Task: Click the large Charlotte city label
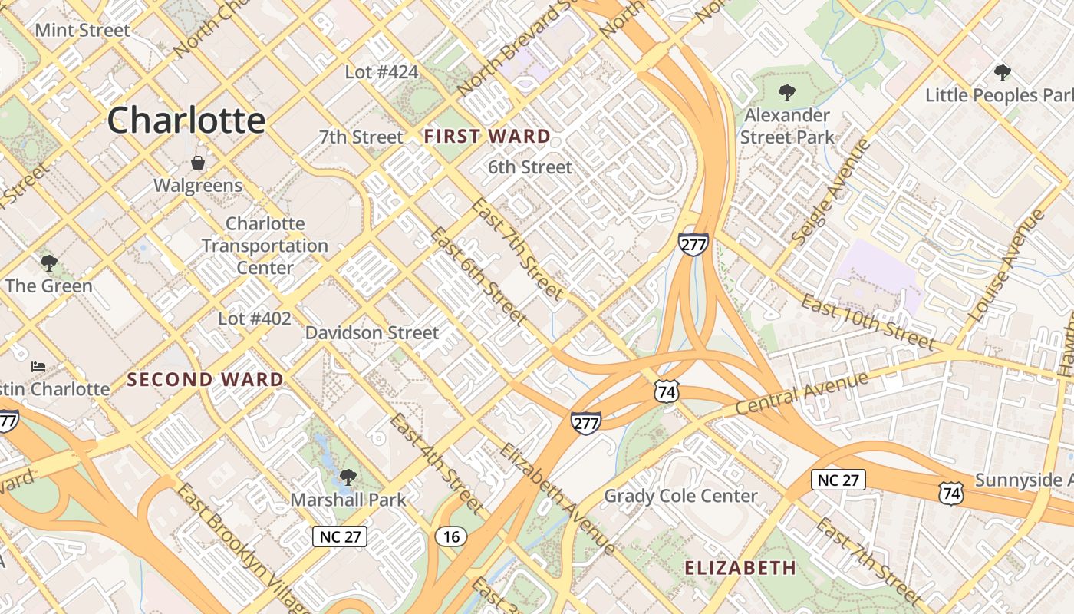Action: pyautogui.click(x=186, y=120)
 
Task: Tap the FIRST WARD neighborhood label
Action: pyautogui.click(x=487, y=137)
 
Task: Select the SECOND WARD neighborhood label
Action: pyautogui.click(x=206, y=379)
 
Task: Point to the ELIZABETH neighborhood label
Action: pyautogui.click(x=740, y=568)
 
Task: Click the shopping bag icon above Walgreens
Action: pyautogui.click(x=198, y=163)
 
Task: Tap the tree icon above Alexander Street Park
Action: pyautogui.click(x=786, y=93)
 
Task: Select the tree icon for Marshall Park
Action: pyautogui.click(x=348, y=477)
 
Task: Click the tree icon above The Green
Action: pyautogui.click(x=49, y=263)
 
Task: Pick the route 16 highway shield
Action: pyautogui.click(x=451, y=536)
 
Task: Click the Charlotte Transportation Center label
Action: pyautogui.click(x=265, y=246)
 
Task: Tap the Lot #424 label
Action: pyautogui.click(x=381, y=72)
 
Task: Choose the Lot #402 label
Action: pyautogui.click(x=255, y=318)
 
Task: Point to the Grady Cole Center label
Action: pyautogui.click(x=680, y=496)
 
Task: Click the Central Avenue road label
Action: pyautogui.click(x=802, y=394)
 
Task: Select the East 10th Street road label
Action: pyautogui.click(x=868, y=321)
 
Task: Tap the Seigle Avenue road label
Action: pyautogui.click(x=832, y=192)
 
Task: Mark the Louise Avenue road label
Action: pyautogui.click(x=1006, y=266)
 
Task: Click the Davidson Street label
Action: pyautogui.click(x=372, y=333)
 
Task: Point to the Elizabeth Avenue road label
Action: pyautogui.click(x=557, y=498)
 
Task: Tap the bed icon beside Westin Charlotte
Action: pyautogui.click(x=38, y=366)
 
